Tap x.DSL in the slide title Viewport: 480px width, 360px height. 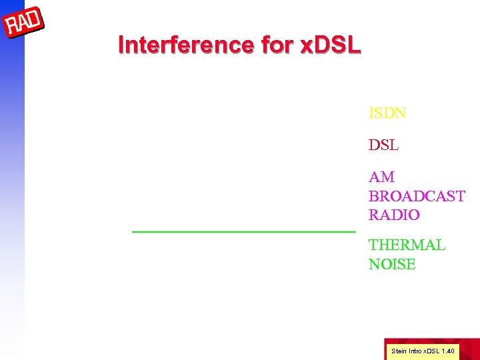click(329, 45)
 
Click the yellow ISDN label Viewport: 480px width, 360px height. click(387, 113)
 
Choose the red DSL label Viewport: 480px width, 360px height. click(383, 145)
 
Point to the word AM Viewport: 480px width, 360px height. click(381, 177)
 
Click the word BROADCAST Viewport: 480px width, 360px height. click(417, 197)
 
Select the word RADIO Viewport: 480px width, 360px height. click(394, 215)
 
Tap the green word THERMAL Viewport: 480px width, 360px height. click(407, 245)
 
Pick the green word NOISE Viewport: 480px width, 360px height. click(392, 265)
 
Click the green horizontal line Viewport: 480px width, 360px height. click(244, 231)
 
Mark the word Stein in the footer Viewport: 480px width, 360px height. click(398, 351)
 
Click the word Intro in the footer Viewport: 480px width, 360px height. click(414, 351)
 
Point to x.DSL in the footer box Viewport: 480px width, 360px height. click(431, 351)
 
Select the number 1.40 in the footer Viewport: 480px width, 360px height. click(449, 351)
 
